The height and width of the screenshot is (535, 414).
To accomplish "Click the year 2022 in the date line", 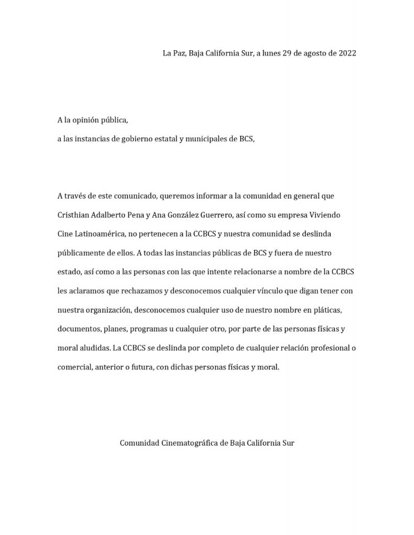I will [346, 53].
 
